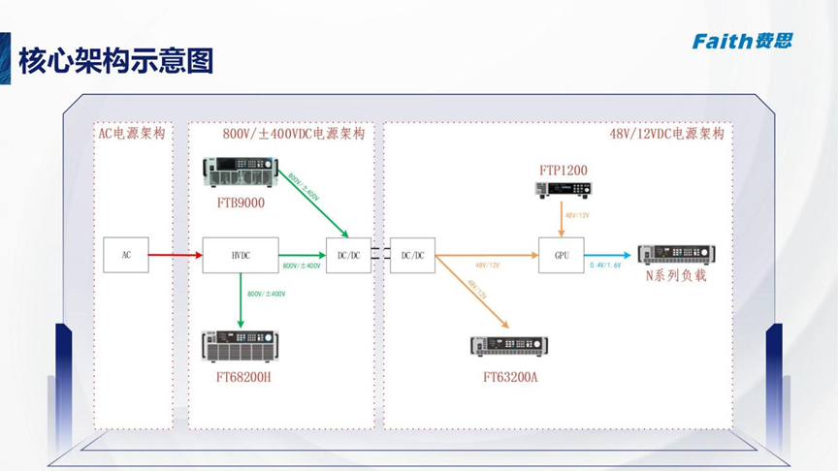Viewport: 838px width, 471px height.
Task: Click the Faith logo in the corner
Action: [x=742, y=40]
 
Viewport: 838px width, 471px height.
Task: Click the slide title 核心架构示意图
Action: [x=115, y=62]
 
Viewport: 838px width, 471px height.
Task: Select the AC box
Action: [x=126, y=255]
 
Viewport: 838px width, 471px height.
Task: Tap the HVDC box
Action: [x=241, y=255]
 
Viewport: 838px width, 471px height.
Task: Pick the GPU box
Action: [x=562, y=255]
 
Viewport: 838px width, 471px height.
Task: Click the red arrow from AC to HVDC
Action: [x=175, y=256]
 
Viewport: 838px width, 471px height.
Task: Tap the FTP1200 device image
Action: [x=563, y=190]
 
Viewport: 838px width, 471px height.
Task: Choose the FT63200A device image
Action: [x=509, y=347]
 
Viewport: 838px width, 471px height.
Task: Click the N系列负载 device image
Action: [x=676, y=254]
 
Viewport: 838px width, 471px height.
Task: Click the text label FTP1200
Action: [x=564, y=171]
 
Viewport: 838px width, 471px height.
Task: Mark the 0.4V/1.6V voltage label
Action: [x=605, y=266]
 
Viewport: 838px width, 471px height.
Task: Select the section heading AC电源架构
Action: [x=132, y=134]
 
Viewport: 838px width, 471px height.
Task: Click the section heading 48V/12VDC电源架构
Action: [x=666, y=134]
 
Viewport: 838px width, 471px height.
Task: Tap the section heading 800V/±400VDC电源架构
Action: [x=294, y=134]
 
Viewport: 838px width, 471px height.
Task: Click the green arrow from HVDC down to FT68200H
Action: [x=241, y=300]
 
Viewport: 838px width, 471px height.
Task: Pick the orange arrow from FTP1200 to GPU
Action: [x=563, y=220]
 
